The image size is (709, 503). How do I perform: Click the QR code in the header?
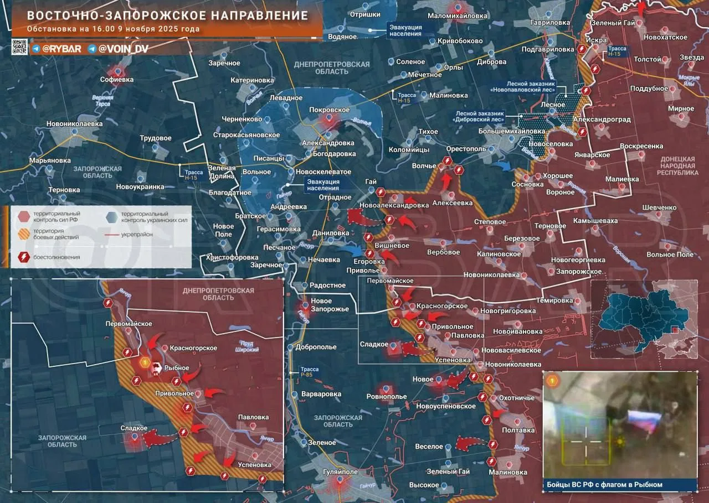point(20,47)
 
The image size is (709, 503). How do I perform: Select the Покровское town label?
point(329,110)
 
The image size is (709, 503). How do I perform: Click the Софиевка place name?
point(117,80)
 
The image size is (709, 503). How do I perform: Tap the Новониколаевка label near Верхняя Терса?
point(74,124)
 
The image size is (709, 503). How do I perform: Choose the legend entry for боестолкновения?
point(56,257)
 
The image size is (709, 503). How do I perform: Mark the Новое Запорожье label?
point(330,305)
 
